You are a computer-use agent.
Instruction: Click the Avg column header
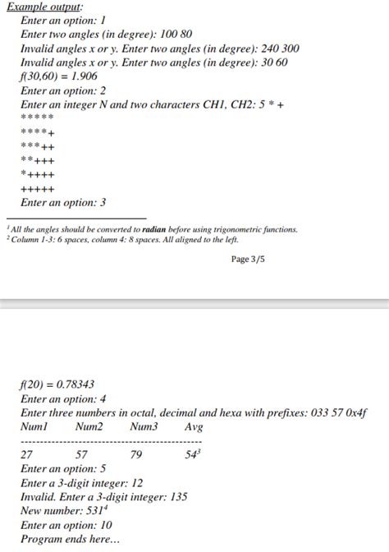pos(194,427)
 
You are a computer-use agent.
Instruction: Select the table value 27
pos(26,454)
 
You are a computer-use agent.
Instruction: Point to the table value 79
pos(136,454)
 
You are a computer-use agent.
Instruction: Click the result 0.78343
pos(74,384)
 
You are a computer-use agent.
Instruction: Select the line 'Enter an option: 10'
pos(66,525)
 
